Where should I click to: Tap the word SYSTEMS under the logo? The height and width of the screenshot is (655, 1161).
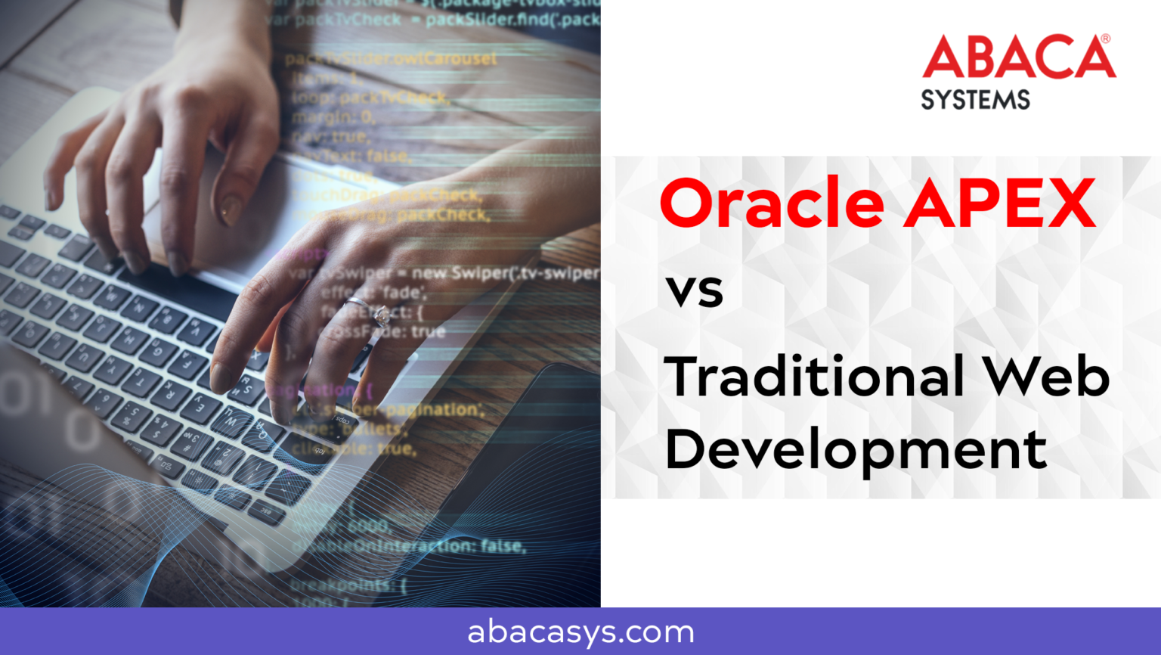point(975,100)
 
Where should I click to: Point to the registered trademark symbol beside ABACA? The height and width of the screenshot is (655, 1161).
point(1105,39)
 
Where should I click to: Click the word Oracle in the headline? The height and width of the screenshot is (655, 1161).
point(772,203)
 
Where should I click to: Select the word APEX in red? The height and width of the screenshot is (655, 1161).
point(1001,203)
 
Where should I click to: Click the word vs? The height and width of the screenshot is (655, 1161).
point(694,290)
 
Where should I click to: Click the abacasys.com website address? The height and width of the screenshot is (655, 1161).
point(580,632)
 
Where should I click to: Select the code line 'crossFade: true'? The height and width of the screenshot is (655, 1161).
point(382,331)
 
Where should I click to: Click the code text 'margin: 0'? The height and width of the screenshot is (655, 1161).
point(333,117)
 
